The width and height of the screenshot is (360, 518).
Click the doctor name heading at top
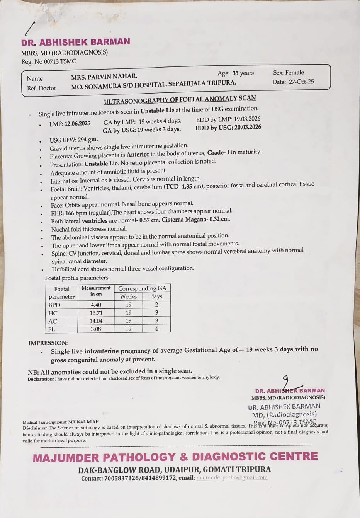pyautogui.click(x=76, y=42)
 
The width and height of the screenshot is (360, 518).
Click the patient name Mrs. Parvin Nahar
pyautogui.click(x=104, y=77)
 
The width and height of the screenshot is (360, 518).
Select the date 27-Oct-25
pyautogui.click(x=301, y=82)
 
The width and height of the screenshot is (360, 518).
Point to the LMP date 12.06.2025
pyautogui.click(x=77, y=124)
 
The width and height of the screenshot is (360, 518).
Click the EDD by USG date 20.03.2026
pyautogui.click(x=245, y=127)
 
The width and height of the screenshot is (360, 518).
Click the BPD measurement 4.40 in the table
pyautogui.click(x=96, y=305)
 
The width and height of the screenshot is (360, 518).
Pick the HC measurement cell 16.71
pyautogui.click(x=96, y=313)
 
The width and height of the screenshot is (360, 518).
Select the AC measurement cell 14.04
pyautogui.click(x=96, y=321)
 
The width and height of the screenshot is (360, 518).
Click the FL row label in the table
pyautogui.click(x=52, y=329)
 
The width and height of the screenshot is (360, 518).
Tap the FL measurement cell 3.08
pyautogui.click(x=96, y=329)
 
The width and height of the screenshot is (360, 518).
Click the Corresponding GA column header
pyautogui.click(x=142, y=288)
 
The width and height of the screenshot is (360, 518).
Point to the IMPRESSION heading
pyautogui.click(x=48, y=343)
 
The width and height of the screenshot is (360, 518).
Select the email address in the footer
pyautogui.click(x=232, y=478)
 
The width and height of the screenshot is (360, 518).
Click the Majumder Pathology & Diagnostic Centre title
pyautogui.click(x=175, y=457)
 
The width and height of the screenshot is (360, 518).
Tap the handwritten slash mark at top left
pyautogui.click(x=30, y=28)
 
